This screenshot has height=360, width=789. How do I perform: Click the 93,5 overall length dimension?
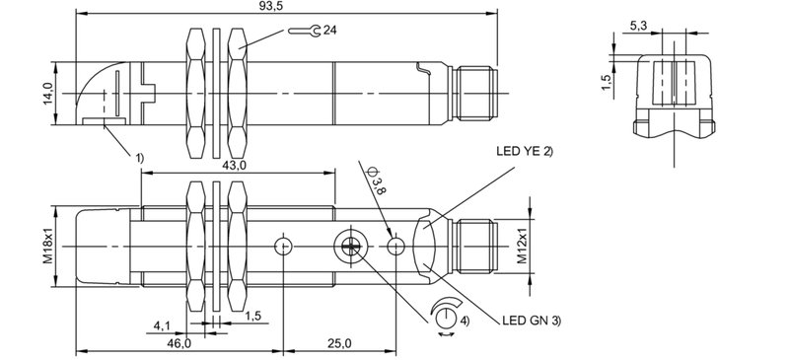pos(286,7)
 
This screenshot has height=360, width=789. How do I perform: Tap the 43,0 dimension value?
pos(236,165)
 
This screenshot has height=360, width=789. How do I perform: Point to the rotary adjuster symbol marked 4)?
pos(448,317)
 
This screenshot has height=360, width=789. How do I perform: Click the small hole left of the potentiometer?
pos(284,246)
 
